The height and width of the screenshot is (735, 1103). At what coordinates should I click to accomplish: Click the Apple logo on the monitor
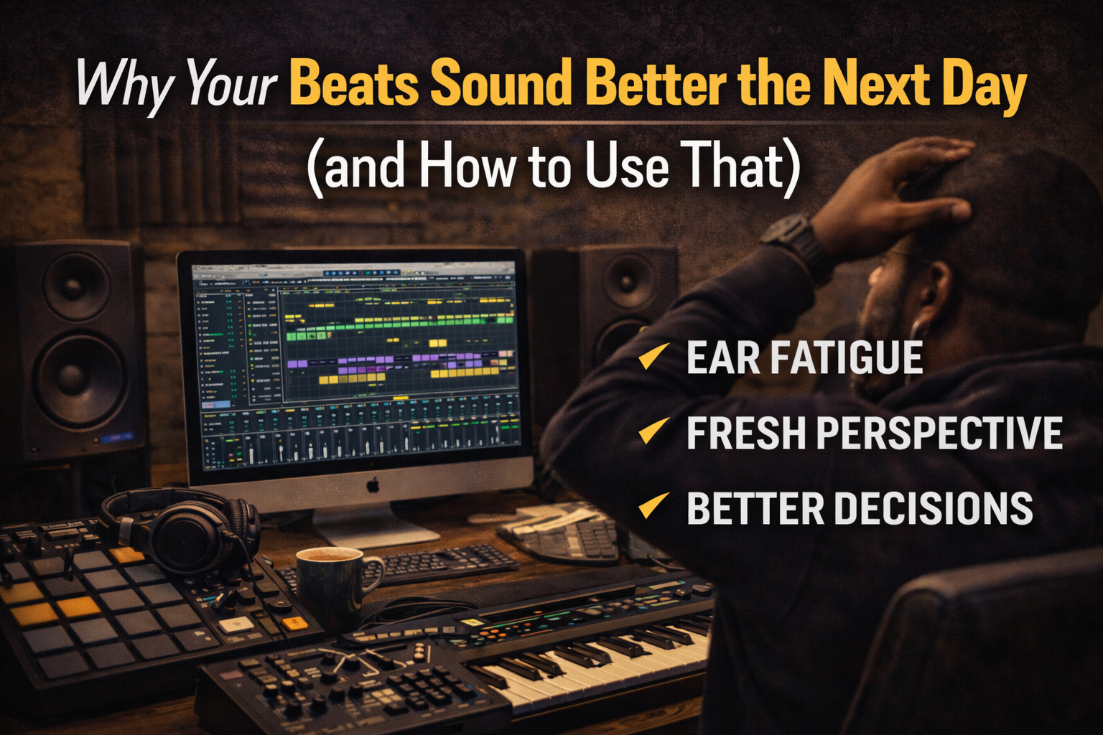coord(373,486)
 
